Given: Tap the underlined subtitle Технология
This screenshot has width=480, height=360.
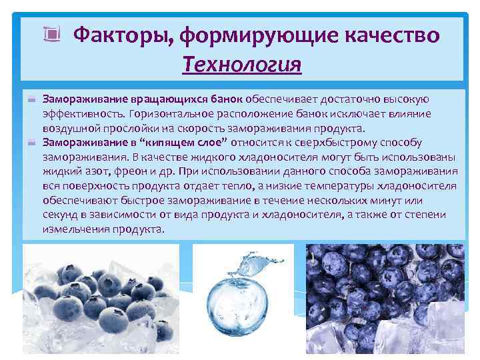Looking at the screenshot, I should (241, 65).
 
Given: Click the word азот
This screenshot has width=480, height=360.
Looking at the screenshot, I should (86, 171).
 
